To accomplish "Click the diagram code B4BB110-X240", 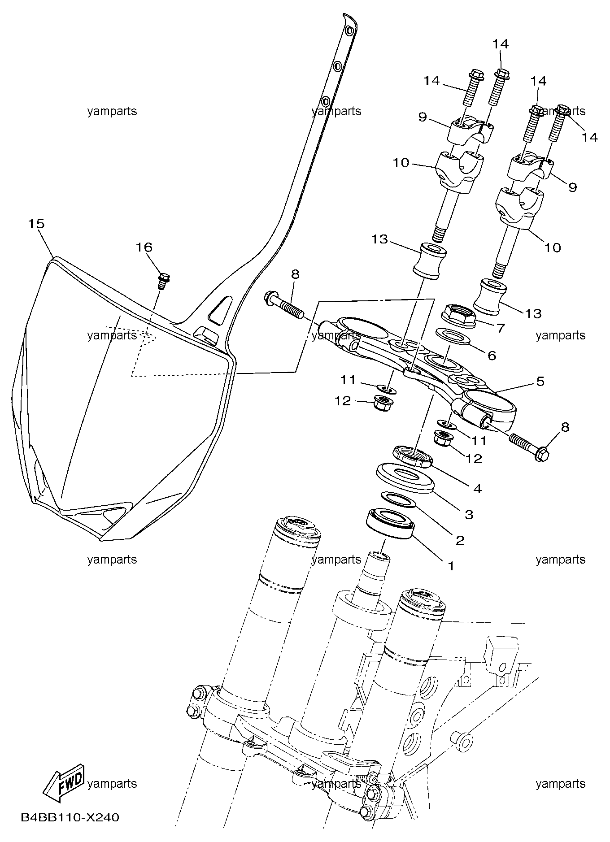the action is coord(70,818).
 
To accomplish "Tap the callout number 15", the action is coord(37,223).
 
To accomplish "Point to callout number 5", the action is coord(540,381).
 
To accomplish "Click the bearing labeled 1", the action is coord(390,523).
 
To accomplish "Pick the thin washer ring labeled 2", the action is coord(399,500).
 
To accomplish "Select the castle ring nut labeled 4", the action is coord(413,457).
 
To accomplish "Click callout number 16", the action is coord(144,247).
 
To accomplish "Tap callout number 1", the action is coord(451,566).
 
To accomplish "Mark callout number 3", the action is coord(469,514).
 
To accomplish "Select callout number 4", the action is coord(477,488).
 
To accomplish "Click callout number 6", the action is coord(492,356).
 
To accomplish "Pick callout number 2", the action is coord(460,540).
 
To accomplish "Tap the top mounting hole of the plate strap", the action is coord(349,30).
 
